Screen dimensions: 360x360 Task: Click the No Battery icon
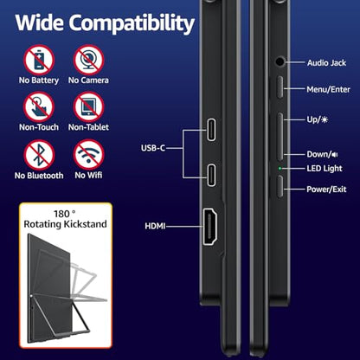tap(39, 60)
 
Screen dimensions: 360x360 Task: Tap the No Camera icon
tap(88, 60)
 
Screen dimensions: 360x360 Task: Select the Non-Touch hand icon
tap(39, 107)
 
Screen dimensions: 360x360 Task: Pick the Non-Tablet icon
tap(88, 107)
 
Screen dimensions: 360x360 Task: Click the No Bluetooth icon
tap(39, 155)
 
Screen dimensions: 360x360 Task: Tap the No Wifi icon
tap(88, 155)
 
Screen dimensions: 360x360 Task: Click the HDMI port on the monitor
tap(210, 227)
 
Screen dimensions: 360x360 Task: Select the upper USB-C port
tap(211, 130)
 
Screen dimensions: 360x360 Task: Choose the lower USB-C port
tap(211, 175)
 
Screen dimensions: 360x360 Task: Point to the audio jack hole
tap(280, 61)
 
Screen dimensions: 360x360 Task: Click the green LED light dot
tap(280, 168)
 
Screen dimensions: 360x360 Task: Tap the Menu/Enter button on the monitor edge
tap(280, 87)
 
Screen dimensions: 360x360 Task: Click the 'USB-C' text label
tap(153, 148)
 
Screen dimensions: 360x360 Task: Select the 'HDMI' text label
tap(155, 226)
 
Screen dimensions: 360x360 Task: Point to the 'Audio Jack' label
tap(326, 63)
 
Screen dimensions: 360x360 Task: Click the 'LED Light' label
tap(325, 169)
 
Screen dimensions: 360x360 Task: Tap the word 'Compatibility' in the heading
tap(132, 23)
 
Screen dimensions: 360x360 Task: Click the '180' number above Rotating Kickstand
tap(61, 214)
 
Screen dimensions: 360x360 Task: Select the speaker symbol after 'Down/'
tap(335, 155)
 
